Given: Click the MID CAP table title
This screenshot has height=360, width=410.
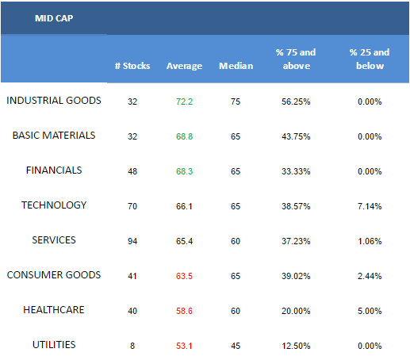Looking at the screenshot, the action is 54,18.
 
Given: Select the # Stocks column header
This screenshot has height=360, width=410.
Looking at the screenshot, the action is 132,66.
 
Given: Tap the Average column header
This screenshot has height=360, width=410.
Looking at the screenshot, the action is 184,66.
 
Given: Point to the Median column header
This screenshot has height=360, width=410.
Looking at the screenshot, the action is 236,66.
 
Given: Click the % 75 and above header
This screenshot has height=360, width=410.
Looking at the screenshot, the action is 296,59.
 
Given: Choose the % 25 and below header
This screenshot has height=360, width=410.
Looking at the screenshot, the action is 370,59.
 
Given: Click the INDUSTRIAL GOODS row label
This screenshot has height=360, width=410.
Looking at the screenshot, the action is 54,101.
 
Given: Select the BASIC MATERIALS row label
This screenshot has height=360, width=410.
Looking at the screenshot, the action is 54,136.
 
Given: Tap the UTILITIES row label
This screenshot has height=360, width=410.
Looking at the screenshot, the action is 54,345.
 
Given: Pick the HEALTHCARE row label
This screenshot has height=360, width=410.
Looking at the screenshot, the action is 54,310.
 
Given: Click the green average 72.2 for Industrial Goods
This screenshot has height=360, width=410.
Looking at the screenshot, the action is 185,101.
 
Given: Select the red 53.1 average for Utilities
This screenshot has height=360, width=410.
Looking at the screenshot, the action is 184,346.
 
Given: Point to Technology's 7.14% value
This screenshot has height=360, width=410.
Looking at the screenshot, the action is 370,206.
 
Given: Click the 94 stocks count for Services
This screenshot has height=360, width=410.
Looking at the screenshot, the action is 132,241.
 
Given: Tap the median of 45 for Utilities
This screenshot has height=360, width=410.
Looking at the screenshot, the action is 236,346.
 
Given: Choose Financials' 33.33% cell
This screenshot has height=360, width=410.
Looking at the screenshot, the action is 296,171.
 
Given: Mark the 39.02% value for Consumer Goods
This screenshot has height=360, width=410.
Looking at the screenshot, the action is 296,276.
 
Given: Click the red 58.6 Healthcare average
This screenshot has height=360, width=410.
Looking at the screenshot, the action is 184,311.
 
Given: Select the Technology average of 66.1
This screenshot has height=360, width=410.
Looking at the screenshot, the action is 184,206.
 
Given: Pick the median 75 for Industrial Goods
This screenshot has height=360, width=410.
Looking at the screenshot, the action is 236,101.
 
